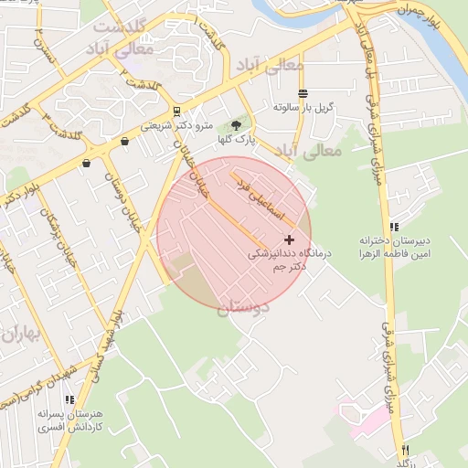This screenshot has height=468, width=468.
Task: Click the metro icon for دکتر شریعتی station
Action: pyautogui.click(x=176, y=113)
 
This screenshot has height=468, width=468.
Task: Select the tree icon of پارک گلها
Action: pyautogui.click(x=238, y=125)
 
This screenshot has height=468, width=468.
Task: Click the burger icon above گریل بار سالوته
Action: pyautogui.click(x=303, y=93)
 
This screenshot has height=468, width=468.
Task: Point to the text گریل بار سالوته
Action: pyautogui.click(x=303, y=107)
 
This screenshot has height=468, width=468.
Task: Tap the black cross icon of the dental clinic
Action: pyautogui.click(x=291, y=239)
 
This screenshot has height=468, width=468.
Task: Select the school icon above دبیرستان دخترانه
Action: pyautogui.click(x=394, y=227)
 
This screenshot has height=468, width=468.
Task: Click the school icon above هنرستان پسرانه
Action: pyautogui.click(x=69, y=399)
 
